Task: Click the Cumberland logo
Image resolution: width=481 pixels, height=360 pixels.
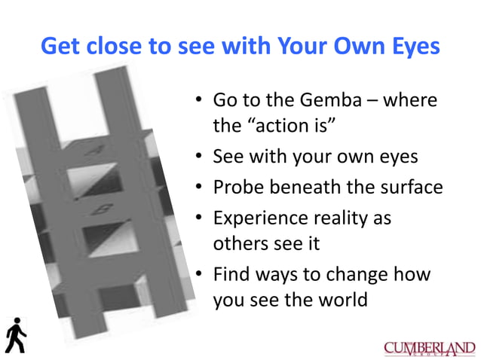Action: [429, 348]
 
